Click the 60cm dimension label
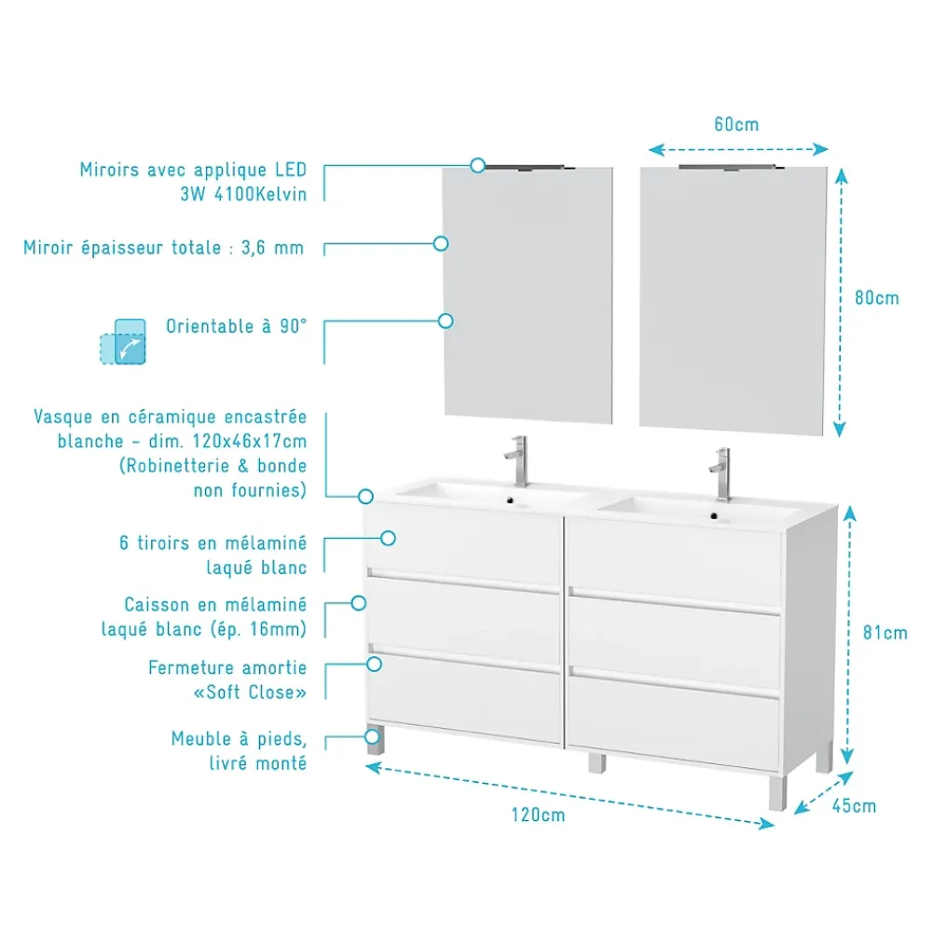736,125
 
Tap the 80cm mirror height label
877,298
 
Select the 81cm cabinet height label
885,633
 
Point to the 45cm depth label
854,806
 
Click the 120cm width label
538,815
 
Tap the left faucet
517,461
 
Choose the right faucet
721,474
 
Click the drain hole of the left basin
510,500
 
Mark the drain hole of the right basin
714,516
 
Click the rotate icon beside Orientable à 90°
123,342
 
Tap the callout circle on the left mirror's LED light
477,165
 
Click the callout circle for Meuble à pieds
373,737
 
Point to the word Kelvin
281,195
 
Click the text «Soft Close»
250,692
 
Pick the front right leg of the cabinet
777,793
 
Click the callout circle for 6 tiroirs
388,539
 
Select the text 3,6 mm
272,249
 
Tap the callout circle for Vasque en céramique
365,497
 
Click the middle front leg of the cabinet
596,763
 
